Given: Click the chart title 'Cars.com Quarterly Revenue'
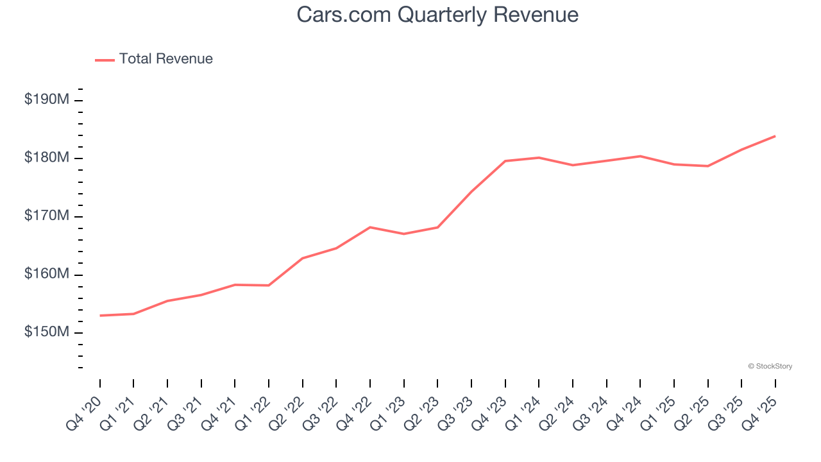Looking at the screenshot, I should [x=437, y=15].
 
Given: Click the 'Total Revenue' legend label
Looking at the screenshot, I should [x=165, y=59].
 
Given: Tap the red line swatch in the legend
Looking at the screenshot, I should [x=105, y=60].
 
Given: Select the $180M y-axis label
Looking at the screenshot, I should [x=47, y=158].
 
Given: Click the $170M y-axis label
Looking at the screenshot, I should [x=47, y=216].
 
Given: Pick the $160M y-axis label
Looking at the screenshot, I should [x=47, y=274].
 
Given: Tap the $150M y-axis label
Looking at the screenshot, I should [x=47, y=332].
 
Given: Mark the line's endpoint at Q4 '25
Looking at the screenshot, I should [x=775, y=136].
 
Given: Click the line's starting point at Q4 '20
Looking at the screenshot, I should [x=100, y=316].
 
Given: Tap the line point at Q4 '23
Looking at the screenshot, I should [x=505, y=161].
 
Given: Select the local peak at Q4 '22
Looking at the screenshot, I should [x=370, y=227].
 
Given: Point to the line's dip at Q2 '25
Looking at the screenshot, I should [x=707, y=166].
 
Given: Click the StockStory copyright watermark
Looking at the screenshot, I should [x=770, y=366].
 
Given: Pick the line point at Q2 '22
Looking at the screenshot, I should [x=303, y=258].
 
